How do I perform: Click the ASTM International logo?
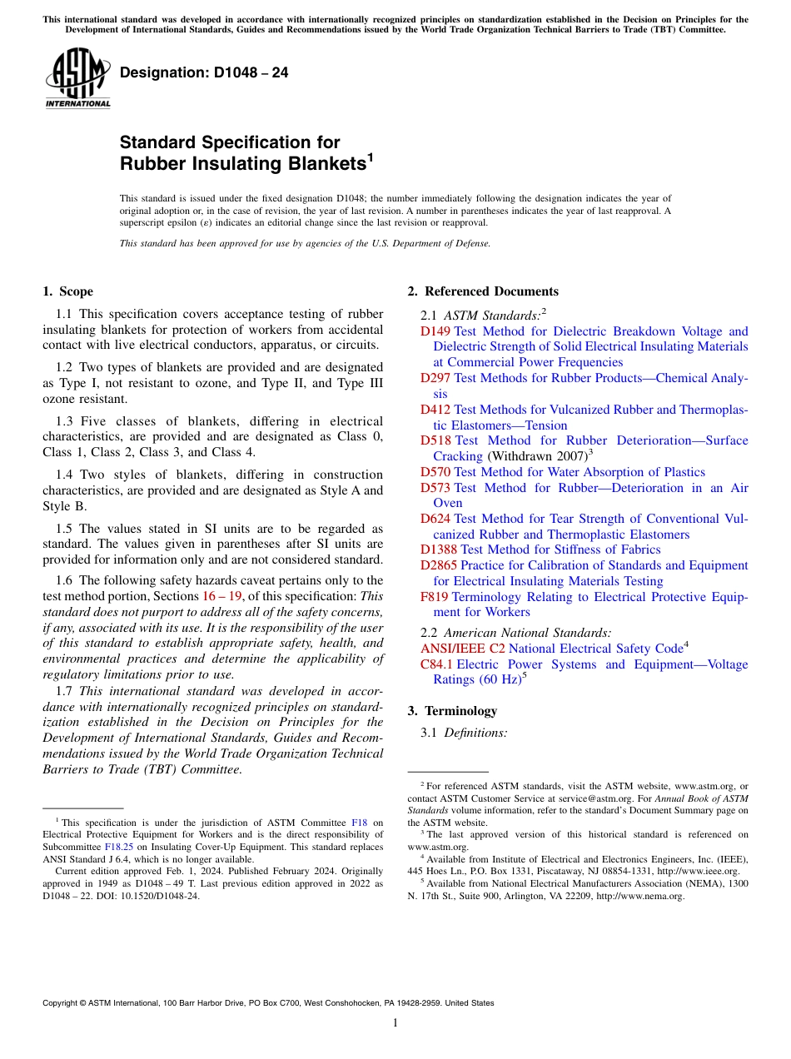click(x=77, y=77)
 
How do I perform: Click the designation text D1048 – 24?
click(x=204, y=72)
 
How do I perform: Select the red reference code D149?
click(x=435, y=331)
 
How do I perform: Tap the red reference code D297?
click(x=435, y=378)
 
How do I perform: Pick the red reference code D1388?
click(x=438, y=549)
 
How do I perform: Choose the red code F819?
click(x=435, y=597)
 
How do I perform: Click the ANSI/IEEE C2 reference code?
click(x=462, y=649)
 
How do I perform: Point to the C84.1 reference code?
click(x=436, y=664)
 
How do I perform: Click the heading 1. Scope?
click(x=68, y=291)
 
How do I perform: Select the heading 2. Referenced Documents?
click(x=483, y=291)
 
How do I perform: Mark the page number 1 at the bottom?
click(x=395, y=1022)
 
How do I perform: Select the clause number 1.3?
click(x=63, y=421)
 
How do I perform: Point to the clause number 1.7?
click(x=63, y=691)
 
